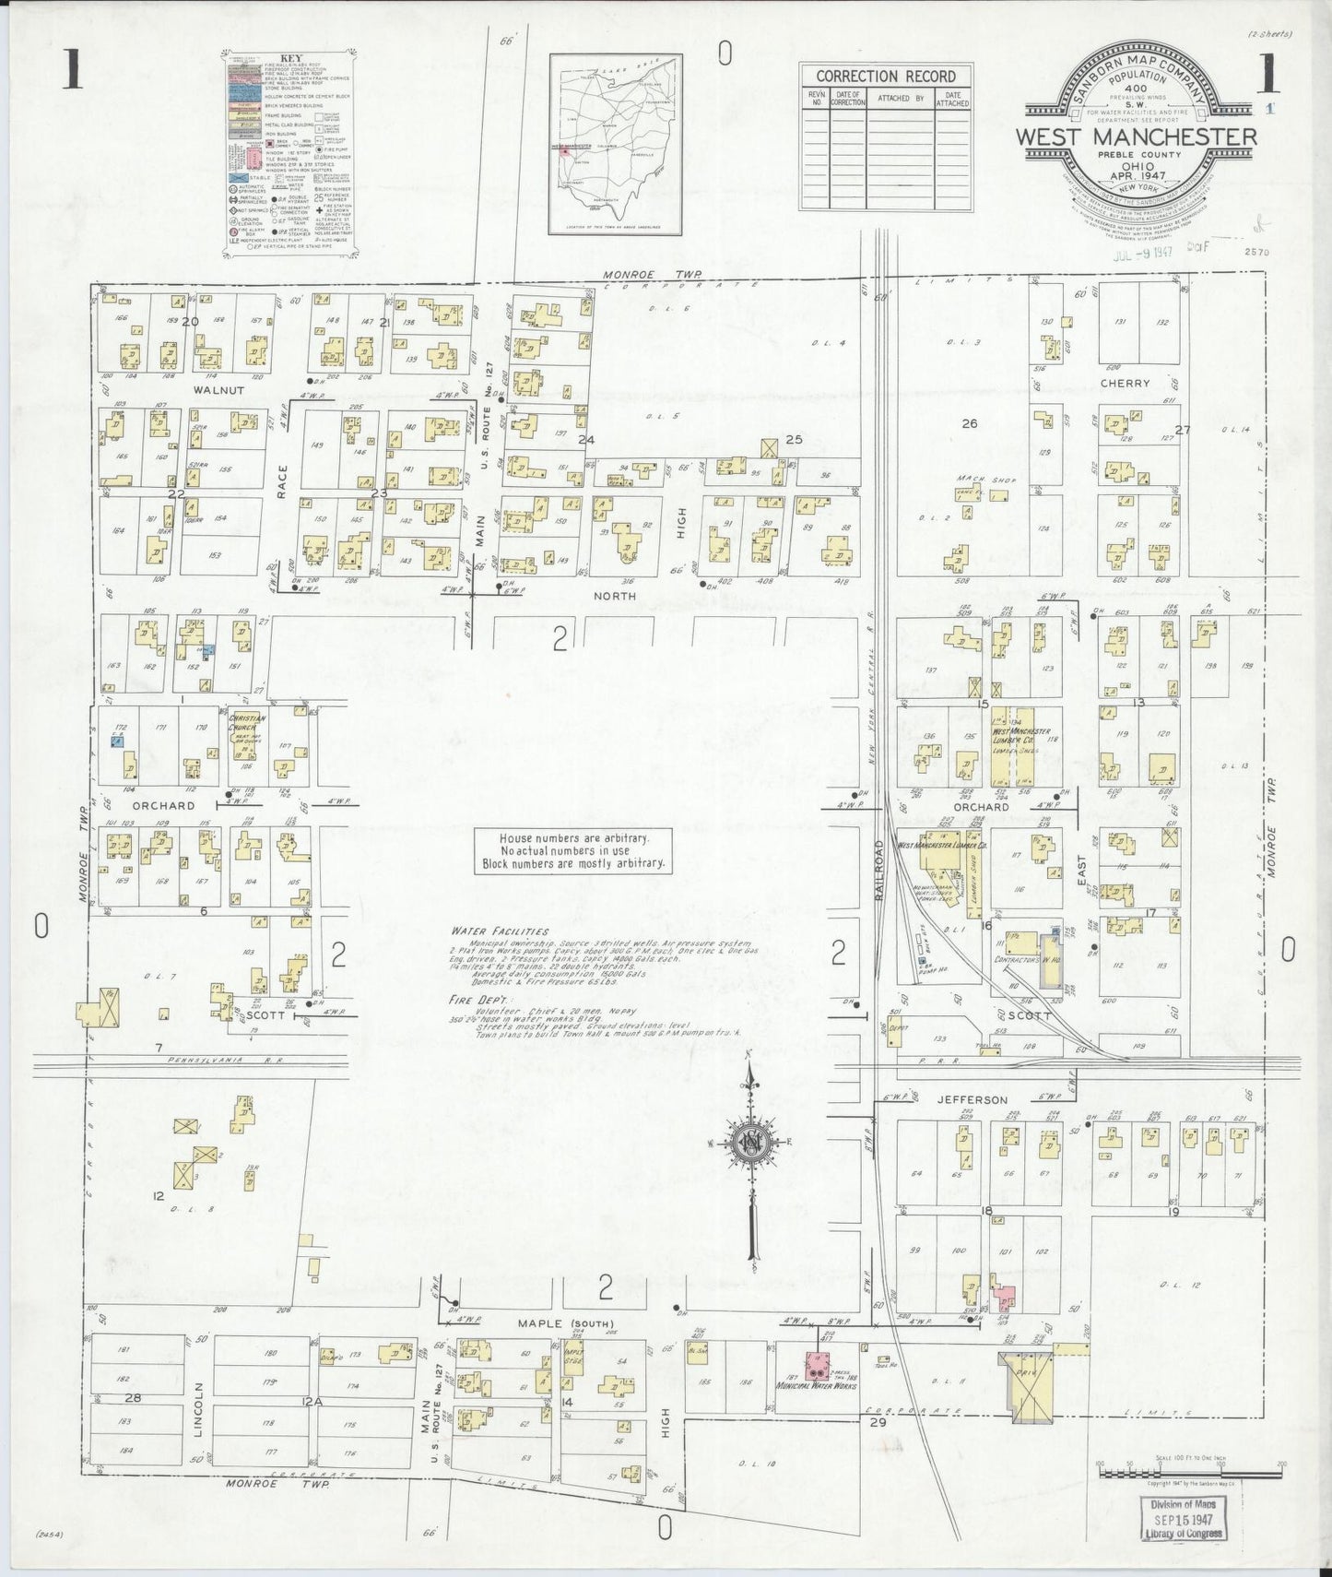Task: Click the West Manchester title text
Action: click(1136, 137)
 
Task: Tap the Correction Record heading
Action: click(885, 77)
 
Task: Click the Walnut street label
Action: click(218, 390)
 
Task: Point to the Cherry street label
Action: click(1125, 383)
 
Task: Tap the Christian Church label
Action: click(246, 723)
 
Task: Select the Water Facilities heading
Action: click(500, 931)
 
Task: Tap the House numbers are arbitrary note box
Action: click(572, 850)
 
